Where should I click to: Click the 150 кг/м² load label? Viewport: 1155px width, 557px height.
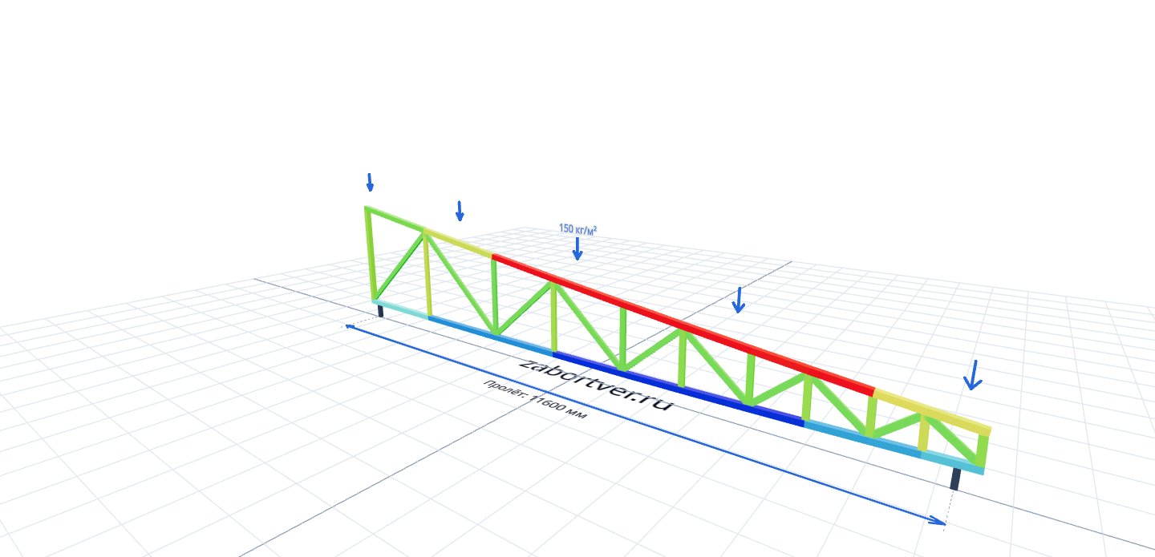point(578,228)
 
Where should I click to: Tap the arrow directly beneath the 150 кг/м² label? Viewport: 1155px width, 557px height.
point(577,248)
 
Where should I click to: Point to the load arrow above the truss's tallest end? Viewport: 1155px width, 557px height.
point(370,183)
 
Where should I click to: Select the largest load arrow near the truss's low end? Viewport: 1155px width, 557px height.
point(972,375)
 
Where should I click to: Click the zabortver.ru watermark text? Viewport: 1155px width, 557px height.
point(596,385)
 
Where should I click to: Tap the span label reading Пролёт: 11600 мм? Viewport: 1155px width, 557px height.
point(535,399)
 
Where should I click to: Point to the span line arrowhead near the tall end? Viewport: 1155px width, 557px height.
point(351,327)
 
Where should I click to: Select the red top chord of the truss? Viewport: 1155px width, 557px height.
point(683,325)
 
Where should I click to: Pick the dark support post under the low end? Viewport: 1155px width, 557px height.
point(955,478)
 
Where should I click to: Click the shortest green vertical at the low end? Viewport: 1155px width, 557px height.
point(983,450)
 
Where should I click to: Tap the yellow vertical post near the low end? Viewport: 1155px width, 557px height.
point(923,435)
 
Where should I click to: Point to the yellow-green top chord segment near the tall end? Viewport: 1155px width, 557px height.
point(458,242)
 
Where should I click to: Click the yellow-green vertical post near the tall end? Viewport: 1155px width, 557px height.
point(428,274)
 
